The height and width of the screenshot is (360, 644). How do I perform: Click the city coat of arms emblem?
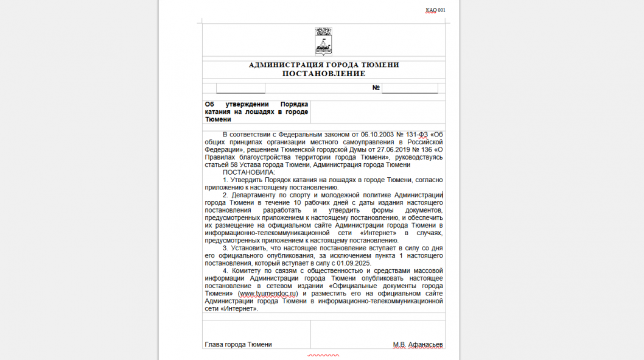tap(323, 41)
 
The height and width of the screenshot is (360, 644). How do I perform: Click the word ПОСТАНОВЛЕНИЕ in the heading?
tap(323, 74)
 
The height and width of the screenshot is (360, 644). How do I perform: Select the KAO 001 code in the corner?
tap(435, 10)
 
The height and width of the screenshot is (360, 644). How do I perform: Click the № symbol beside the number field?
tap(376, 88)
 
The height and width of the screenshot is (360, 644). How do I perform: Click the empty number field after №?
tap(410, 88)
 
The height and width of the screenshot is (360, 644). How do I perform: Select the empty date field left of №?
tap(240, 88)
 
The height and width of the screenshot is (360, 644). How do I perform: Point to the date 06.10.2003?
tap(379, 134)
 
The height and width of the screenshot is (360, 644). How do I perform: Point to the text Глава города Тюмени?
tap(238, 345)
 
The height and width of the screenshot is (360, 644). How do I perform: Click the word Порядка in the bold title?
tap(294, 104)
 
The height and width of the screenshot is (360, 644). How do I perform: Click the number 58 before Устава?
tap(229, 164)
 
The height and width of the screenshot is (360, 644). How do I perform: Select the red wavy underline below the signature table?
tap(323, 355)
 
